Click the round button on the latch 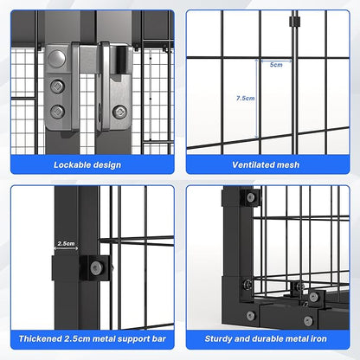click(57, 59)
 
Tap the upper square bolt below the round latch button click(57, 86)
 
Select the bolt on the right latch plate click(119, 111)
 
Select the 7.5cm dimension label click(245, 99)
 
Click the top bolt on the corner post click(251, 197)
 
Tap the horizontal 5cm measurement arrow click(275, 61)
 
